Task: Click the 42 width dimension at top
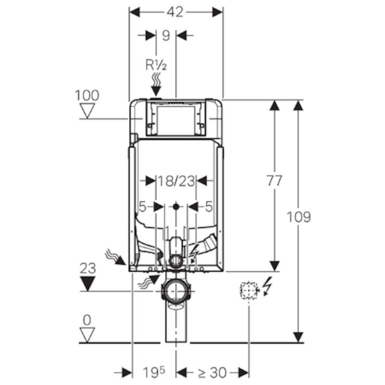[175, 12]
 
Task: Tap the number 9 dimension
[166, 36]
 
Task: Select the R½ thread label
[156, 65]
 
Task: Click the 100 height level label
[87, 95]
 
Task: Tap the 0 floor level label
[87, 320]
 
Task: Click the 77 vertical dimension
[274, 181]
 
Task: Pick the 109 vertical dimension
[298, 217]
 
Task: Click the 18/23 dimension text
[176, 181]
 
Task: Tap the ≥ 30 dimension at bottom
[212, 372]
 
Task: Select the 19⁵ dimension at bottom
[154, 372]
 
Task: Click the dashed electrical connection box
[249, 290]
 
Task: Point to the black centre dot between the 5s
[176, 207]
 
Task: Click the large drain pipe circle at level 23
[176, 291]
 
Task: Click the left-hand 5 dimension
[142, 206]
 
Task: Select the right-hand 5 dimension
[209, 206]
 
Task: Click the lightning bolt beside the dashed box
[268, 286]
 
